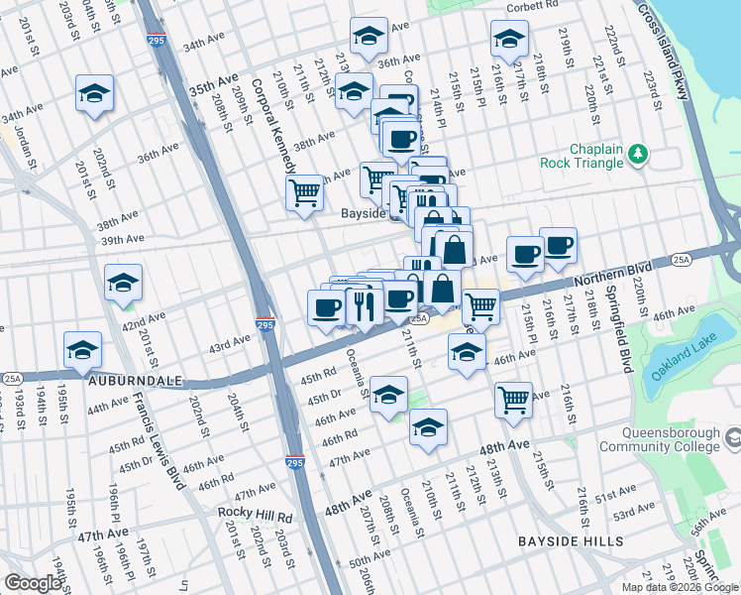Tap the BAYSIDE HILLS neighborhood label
(571, 541)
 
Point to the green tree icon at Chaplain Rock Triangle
(639, 153)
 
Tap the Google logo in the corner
(33, 584)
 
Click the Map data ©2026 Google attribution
(680, 587)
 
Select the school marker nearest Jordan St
(95, 94)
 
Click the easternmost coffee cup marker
(558, 246)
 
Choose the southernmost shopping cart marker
(513, 400)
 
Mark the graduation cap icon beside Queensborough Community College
(732, 436)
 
